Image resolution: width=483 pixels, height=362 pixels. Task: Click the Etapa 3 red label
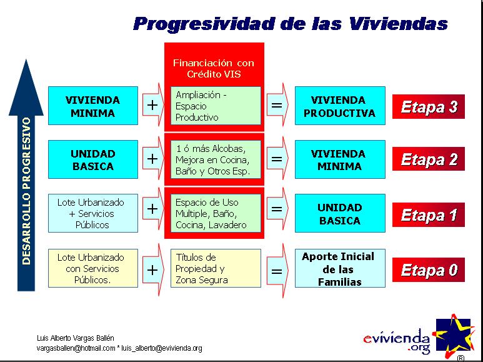[x=429, y=107]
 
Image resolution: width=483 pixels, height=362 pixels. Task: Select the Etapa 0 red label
[x=429, y=270]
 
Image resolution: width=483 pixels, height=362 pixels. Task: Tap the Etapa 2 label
[x=429, y=159]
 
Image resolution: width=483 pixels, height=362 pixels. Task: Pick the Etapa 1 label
[x=429, y=214]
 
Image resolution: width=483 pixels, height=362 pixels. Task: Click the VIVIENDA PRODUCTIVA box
[x=340, y=106]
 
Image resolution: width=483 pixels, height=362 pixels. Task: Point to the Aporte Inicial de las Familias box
[x=340, y=268]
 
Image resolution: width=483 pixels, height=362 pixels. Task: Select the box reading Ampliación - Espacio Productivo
[x=216, y=106]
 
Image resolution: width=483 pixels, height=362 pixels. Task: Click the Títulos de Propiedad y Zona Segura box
[x=216, y=268]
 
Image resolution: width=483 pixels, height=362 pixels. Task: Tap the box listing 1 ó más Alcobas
[x=216, y=159]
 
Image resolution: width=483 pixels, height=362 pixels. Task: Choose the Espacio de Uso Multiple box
[x=216, y=213]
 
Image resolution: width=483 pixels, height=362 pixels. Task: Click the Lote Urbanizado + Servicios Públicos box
[x=93, y=213]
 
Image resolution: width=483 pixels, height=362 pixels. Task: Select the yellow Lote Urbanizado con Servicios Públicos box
[x=93, y=268]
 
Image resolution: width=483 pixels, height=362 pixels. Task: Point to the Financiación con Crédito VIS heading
[x=214, y=68]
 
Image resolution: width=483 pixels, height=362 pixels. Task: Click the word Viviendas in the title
[x=399, y=23]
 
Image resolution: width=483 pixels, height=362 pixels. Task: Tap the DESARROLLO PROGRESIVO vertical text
[x=27, y=191]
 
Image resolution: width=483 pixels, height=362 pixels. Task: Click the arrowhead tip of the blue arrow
[x=26, y=59]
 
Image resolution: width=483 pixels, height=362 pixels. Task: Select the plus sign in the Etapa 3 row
[x=152, y=105]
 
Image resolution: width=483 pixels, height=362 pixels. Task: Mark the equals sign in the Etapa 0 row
[x=277, y=271]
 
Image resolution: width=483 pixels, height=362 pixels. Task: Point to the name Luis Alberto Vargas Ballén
[x=76, y=338]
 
